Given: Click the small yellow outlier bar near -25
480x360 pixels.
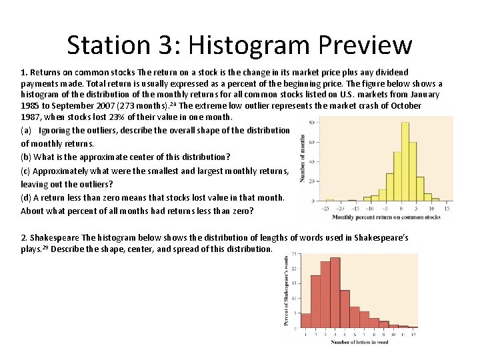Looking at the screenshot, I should pos(329,200).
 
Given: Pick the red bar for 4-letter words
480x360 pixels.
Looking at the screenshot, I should pos(335,293).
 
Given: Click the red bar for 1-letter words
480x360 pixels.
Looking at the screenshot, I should pos(306,321).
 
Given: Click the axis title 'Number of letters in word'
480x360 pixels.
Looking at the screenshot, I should pos(360,341).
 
